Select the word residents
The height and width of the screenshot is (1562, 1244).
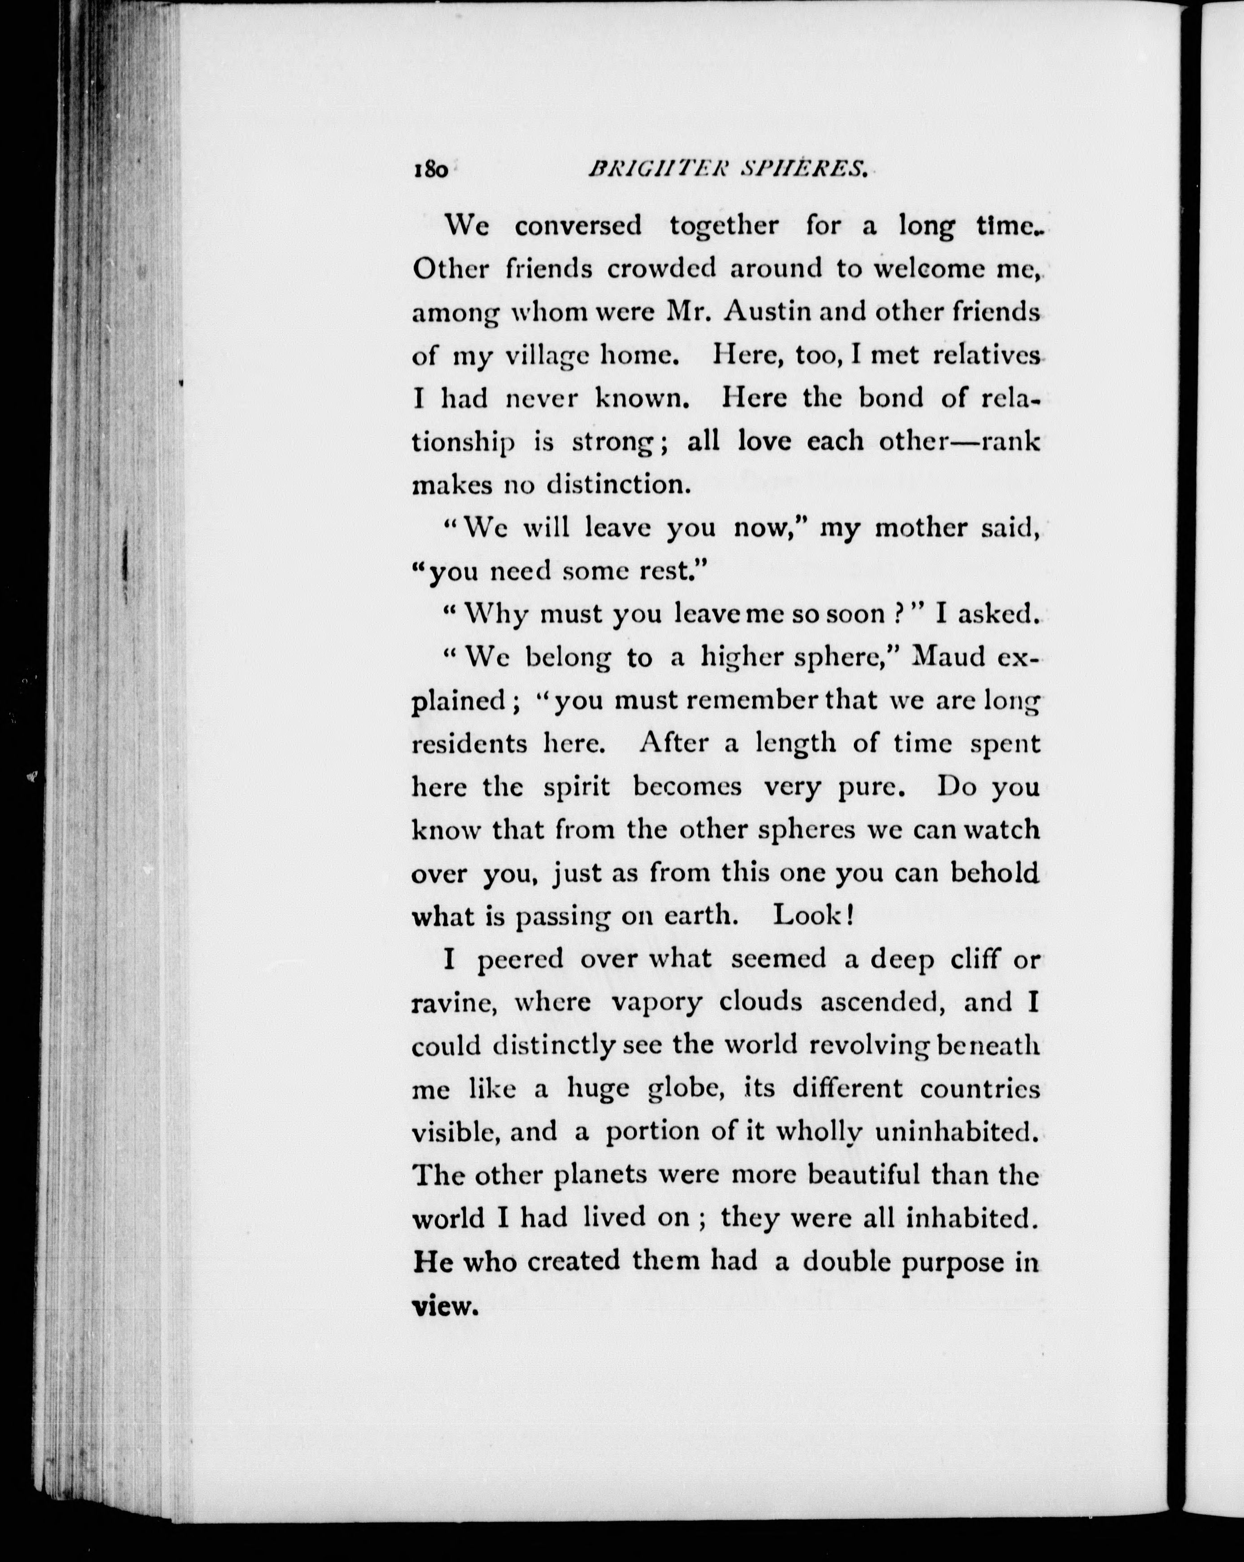point(469,744)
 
